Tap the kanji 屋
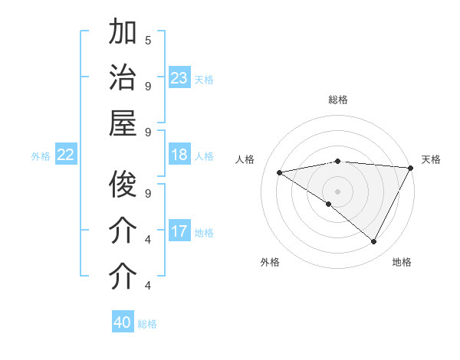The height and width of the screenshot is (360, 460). coord(123,123)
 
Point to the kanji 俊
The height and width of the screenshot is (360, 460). coord(123,185)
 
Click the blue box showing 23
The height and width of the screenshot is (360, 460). coord(179,78)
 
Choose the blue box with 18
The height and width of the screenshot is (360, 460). coord(179,155)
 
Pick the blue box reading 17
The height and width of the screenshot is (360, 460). coord(179,231)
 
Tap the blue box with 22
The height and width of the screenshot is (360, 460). coord(65,155)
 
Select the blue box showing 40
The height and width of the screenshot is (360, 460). coord(123,322)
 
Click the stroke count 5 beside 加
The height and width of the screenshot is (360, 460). coord(148,40)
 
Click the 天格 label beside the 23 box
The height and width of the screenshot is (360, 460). coord(204,79)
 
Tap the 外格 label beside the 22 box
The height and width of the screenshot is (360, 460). coord(41,156)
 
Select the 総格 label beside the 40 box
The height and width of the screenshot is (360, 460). coord(147,323)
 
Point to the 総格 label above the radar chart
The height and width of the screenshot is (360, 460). coord(337,100)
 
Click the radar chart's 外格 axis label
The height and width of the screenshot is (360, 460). coord(270,262)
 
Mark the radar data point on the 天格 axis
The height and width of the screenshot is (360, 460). coord(411,168)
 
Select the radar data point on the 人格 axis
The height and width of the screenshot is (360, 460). coord(279,172)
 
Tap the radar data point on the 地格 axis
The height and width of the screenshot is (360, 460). coord(374,241)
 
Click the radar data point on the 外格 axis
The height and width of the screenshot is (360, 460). coord(329,204)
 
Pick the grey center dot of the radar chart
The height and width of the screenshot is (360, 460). coord(337,190)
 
